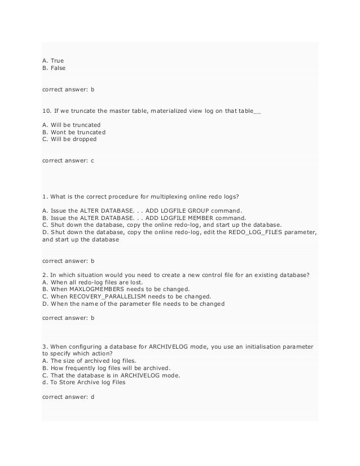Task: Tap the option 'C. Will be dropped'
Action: pyautogui.click(x=69, y=139)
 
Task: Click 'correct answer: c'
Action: pyautogui.click(x=68, y=161)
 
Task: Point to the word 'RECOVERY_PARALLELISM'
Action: pyautogui.click(x=109, y=297)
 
